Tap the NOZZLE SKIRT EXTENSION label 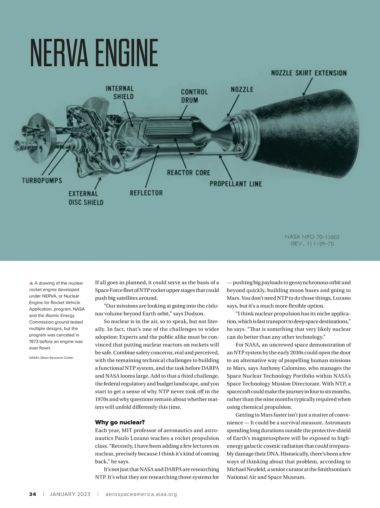click(x=309, y=73)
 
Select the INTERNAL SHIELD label click(x=120, y=92)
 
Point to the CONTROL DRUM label click(x=194, y=96)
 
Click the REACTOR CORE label click(x=188, y=172)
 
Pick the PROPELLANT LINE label click(x=236, y=184)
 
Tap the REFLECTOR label click(x=146, y=193)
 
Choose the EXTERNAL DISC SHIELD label click(x=86, y=198)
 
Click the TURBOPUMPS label click(x=42, y=181)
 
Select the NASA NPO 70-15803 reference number click(x=312, y=237)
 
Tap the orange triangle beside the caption click(x=31, y=283)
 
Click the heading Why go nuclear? click(x=120, y=422)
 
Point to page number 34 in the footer click(x=33, y=494)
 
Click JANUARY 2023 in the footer click(x=70, y=494)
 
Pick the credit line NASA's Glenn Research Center click(x=51, y=358)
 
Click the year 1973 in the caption click(x=34, y=341)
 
